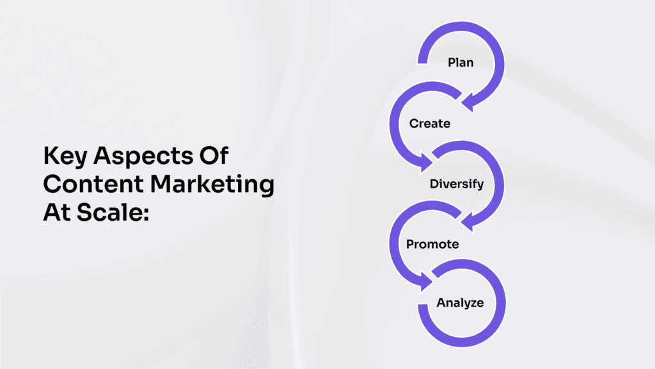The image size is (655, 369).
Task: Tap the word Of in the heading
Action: coord(214,156)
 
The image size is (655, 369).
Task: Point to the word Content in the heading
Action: coord(93,184)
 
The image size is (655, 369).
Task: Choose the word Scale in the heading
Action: coord(113,213)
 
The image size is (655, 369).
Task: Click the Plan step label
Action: coord(461,63)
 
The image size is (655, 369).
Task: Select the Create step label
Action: coord(430,124)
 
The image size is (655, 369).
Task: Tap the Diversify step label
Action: coord(457,184)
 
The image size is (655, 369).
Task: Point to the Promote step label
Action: coord(433,244)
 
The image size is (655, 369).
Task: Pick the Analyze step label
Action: coord(461,303)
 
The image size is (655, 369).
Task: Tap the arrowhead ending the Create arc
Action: coord(425,162)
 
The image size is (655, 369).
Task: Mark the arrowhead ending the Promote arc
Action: coord(425,281)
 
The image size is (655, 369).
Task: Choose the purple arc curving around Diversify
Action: coord(499,184)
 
